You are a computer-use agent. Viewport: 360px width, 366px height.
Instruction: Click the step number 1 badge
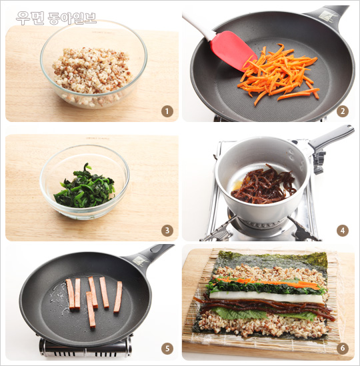(x=167, y=111)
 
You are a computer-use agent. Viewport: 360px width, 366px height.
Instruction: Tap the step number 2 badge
(x=343, y=111)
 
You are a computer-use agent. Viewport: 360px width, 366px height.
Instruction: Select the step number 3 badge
(x=167, y=231)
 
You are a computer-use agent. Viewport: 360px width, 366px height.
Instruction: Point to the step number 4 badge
(x=343, y=231)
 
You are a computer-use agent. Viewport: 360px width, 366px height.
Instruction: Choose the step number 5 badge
(x=167, y=349)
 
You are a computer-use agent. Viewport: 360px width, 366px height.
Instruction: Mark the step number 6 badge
(x=343, y=349)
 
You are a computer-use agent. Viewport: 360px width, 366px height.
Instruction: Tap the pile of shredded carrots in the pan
(x=279, y=73)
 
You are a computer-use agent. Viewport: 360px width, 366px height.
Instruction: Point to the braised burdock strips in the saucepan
(x=264, y=185)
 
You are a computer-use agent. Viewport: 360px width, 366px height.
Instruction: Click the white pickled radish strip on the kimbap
(x=266, y=297)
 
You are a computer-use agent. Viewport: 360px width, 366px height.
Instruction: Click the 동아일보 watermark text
(x=72, y=18)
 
